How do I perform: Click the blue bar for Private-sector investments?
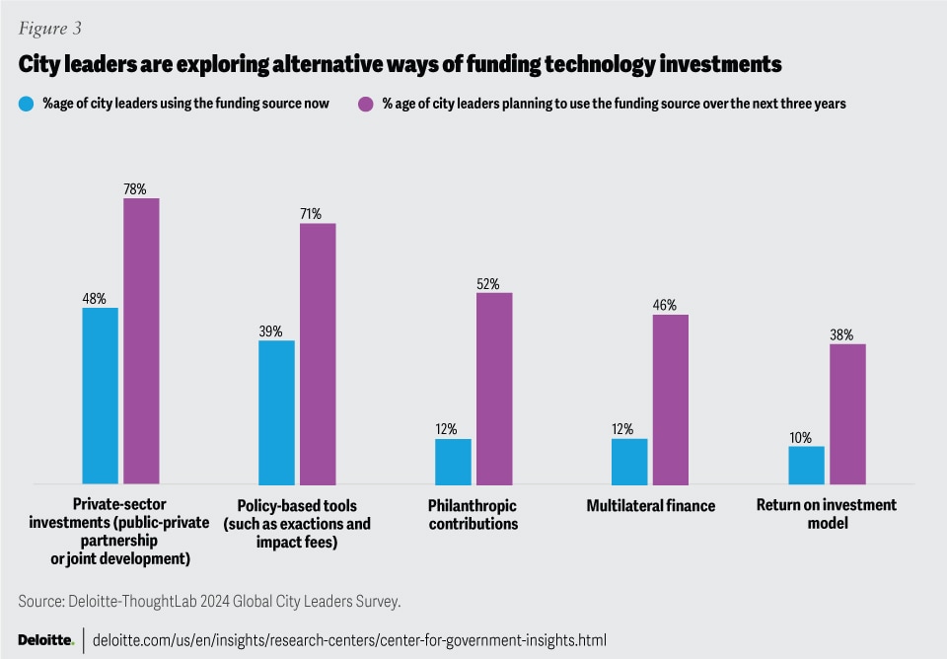click(x=100, y=396)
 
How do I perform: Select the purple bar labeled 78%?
click(x=141, y=340)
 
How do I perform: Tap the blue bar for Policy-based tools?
click(x=276, y=411)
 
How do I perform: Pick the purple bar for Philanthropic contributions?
click(x=494, y=388)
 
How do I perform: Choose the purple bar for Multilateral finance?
click(x=671, y=399)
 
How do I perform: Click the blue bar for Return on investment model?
click(x=806, y=465)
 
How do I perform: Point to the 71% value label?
click(x=318, y=213)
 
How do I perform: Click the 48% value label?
click(x=100, y=297)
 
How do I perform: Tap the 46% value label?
click(x=671, y=305)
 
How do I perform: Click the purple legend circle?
click(x=366, y=103)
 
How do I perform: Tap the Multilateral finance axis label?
click(x=650, y=506)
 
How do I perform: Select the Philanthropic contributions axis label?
click(x=473, y=515)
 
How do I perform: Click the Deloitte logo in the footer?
click(x=45, y=639)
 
